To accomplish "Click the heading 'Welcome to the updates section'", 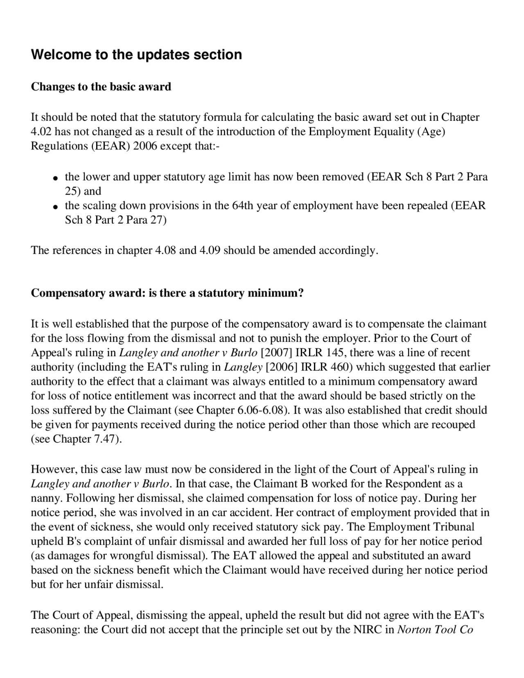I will click(136, 54).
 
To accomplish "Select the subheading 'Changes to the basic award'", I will click(101, 87).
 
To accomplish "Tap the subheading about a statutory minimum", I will click(167, 293).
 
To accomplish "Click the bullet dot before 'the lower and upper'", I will click(54, 178).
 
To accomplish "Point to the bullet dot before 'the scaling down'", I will click(54, 207).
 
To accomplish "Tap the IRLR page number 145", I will click(335, 353).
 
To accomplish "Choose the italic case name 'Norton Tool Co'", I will click(436, 629).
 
